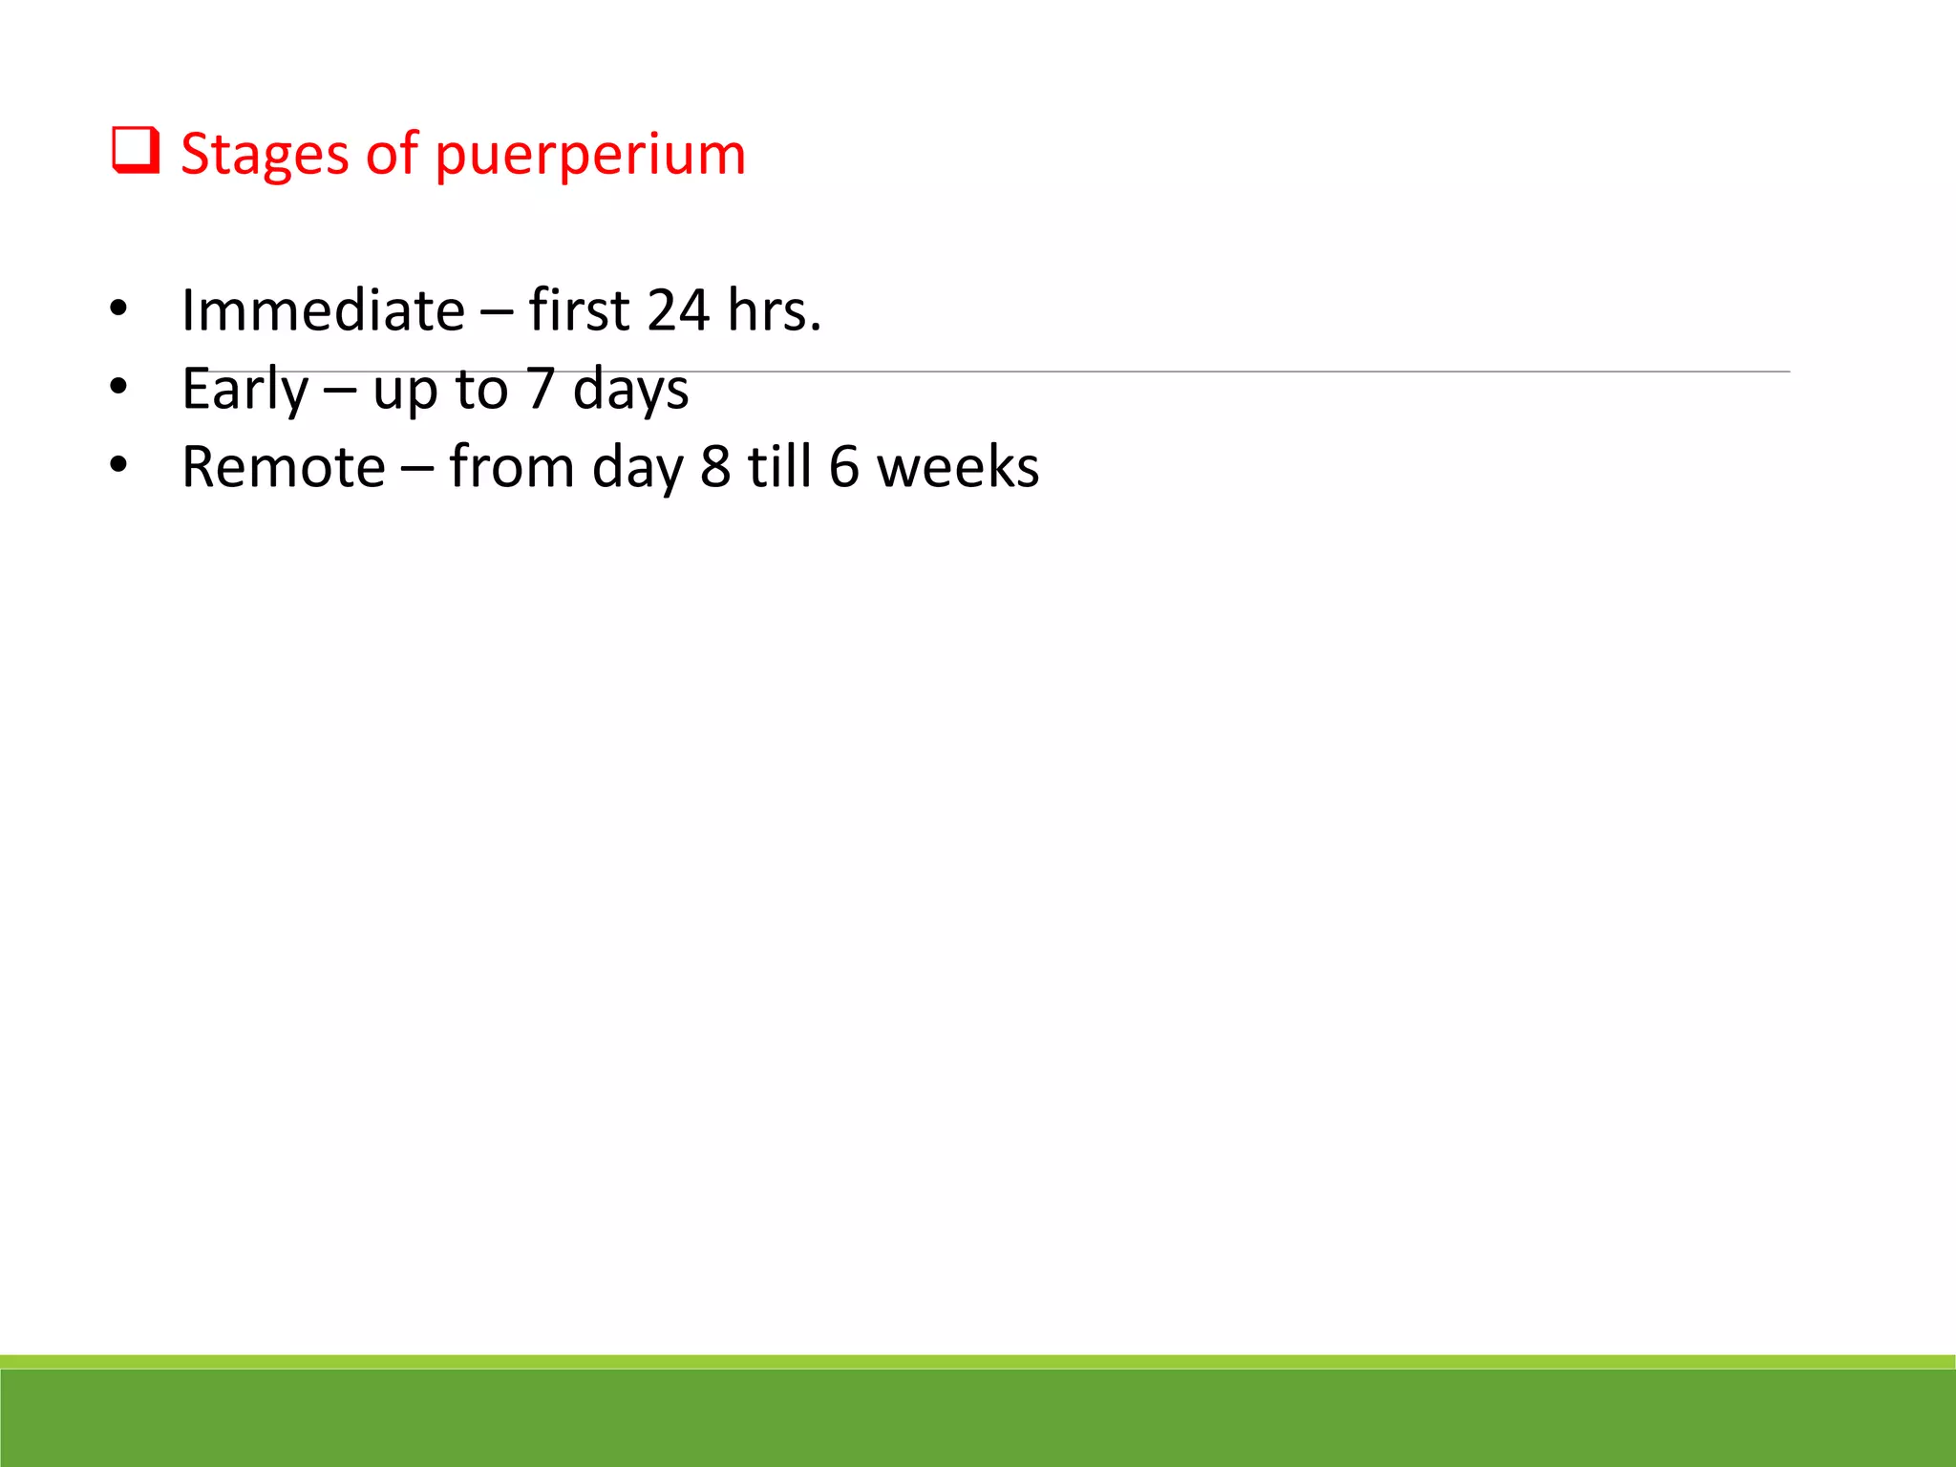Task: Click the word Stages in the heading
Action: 265,155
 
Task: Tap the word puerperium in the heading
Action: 589,155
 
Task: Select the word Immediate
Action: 323,310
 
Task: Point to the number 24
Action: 678,310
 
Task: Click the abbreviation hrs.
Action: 774,310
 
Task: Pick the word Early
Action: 245,390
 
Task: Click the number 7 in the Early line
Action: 540,390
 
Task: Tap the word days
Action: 630,390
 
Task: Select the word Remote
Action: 284,467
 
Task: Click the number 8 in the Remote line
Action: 715,467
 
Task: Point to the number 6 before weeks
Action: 843,467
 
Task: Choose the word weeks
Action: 958,467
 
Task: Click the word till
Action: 779,467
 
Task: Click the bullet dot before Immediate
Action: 118,308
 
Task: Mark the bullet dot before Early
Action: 118,387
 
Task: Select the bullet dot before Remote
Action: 118,465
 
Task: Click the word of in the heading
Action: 392,155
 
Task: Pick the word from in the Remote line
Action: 511,467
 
